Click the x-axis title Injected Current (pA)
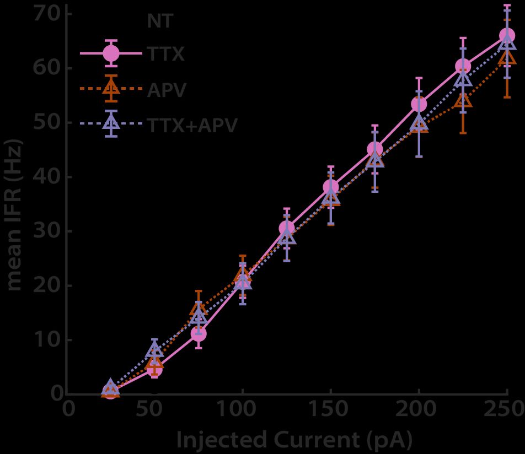tap(293, 440)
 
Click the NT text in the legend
tap(160, 21)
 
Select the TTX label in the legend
tap(165, 53)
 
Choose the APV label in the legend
tap(167, 89)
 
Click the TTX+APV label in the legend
tap(192, 125)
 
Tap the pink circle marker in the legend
tap(111, 53)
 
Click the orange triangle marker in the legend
tap(111, 89)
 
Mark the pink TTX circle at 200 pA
tap(419, 104)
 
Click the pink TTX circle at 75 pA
tap(199, 333)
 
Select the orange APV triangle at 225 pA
tap(463, 101)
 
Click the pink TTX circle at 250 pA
tap(507, 36)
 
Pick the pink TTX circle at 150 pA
tap(330, 187)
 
